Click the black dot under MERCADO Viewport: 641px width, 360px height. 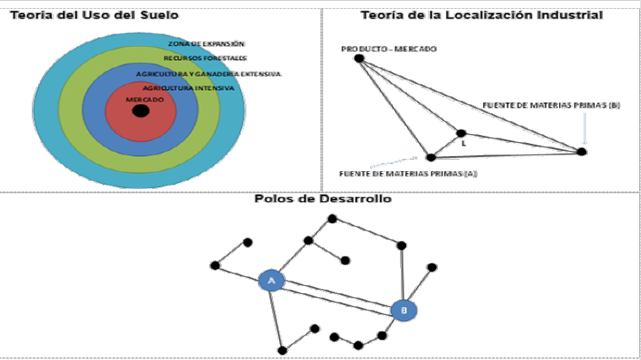click(140, 111)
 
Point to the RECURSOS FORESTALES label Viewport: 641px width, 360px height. click(199, 57)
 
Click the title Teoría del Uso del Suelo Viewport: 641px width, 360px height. click(76, 14)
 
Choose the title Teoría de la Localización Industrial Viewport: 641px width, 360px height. click(482, 14)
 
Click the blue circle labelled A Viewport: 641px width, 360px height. click(272, 281)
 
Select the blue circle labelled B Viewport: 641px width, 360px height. click(403, 311)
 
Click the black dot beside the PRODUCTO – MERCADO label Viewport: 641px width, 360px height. click(359, 58)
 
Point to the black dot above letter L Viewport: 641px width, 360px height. click(460, 133)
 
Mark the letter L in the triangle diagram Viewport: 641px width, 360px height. click(463, 144)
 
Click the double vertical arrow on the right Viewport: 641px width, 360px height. click(583, 131)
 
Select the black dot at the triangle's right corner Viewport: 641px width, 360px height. click(581, 152)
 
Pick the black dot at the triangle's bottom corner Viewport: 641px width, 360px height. click(431, 157)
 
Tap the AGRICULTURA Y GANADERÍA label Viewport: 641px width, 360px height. click(208, 74)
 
